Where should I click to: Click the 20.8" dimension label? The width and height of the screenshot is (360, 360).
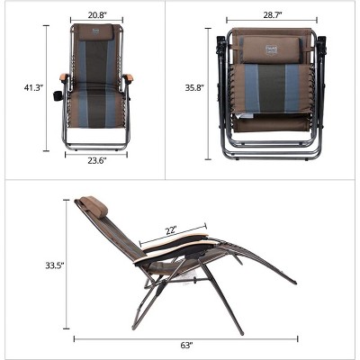point(96,15)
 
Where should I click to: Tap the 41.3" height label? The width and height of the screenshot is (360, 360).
point(33,87)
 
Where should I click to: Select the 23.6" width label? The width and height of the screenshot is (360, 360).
point(97,161)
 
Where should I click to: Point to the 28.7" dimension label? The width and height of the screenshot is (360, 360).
point(273,15)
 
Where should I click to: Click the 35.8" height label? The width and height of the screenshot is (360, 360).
point(194,87)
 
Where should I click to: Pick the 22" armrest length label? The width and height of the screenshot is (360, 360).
point(171,231)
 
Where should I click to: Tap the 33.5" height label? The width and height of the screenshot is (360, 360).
point(55,265)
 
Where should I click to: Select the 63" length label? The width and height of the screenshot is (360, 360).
point(186,346)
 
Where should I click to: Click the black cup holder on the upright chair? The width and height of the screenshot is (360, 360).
point(58,96)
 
